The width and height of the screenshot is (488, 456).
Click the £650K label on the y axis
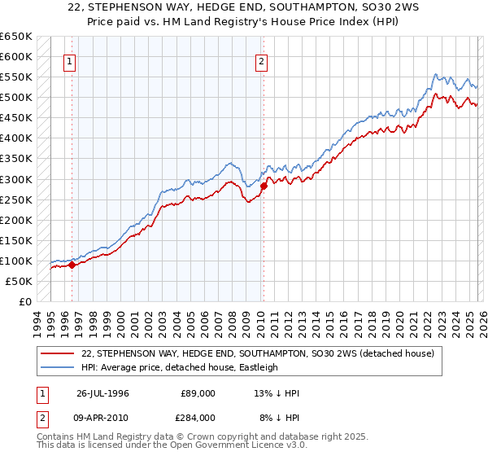coord(15,37)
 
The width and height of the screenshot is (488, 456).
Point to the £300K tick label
coord(15,179)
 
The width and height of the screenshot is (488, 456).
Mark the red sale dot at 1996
coord(72,265)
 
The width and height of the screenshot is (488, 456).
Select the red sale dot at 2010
coord(263,186)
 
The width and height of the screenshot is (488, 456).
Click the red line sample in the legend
coord(58,353)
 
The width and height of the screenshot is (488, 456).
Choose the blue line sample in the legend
coord(58,367)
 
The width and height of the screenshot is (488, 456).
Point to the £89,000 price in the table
coord(198,393)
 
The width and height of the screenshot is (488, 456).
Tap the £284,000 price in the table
coord(198,417)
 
